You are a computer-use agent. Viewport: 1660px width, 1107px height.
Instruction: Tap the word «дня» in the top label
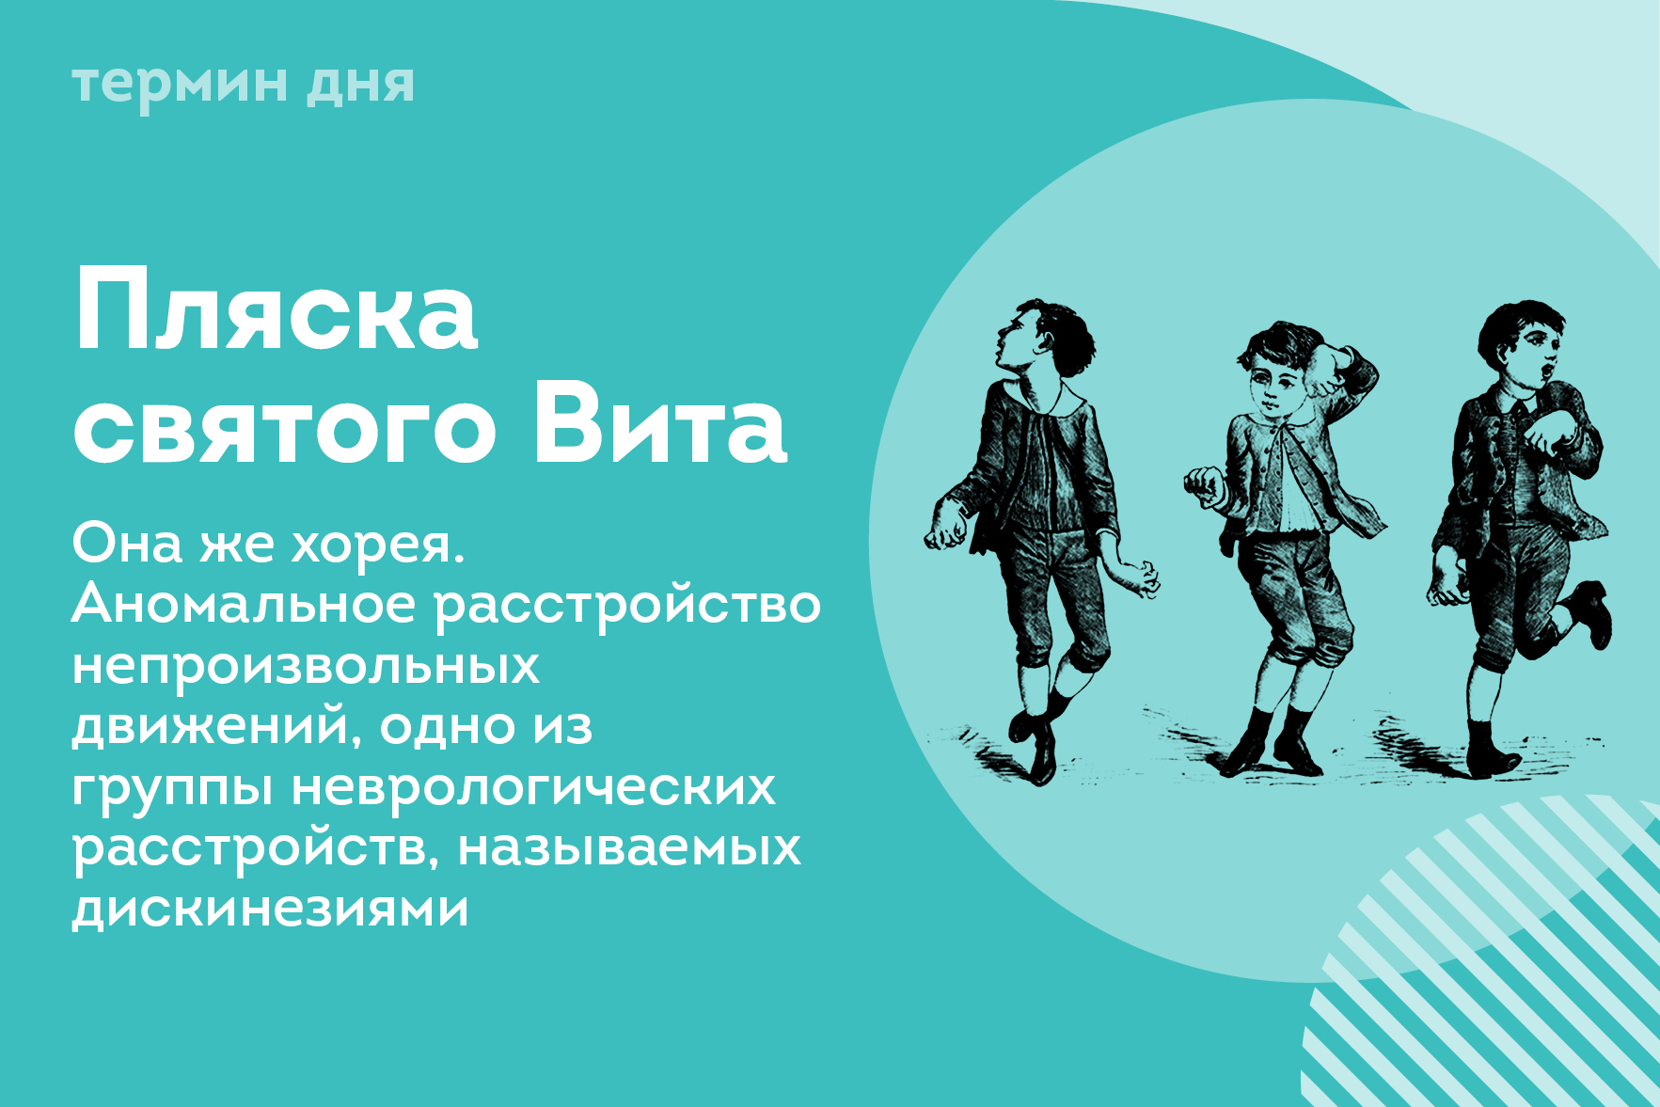[x=360, y=86]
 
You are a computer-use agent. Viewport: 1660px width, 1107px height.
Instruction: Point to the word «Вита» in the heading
[x=659, y=422]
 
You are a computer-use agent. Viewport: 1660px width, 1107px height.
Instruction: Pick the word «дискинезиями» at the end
[x=271, y=909]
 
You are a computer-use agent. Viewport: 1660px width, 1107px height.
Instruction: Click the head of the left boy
[x=1045, y=338]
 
